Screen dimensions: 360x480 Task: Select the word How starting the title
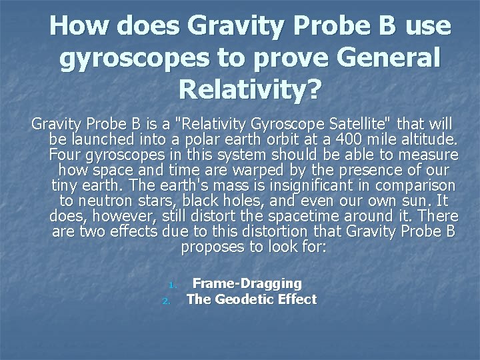[82, 26]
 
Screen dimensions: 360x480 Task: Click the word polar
[201, 139]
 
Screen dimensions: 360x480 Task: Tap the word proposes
[209, 247]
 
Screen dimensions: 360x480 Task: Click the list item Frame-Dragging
[247, 283]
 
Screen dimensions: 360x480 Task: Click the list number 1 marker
[171, 285]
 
